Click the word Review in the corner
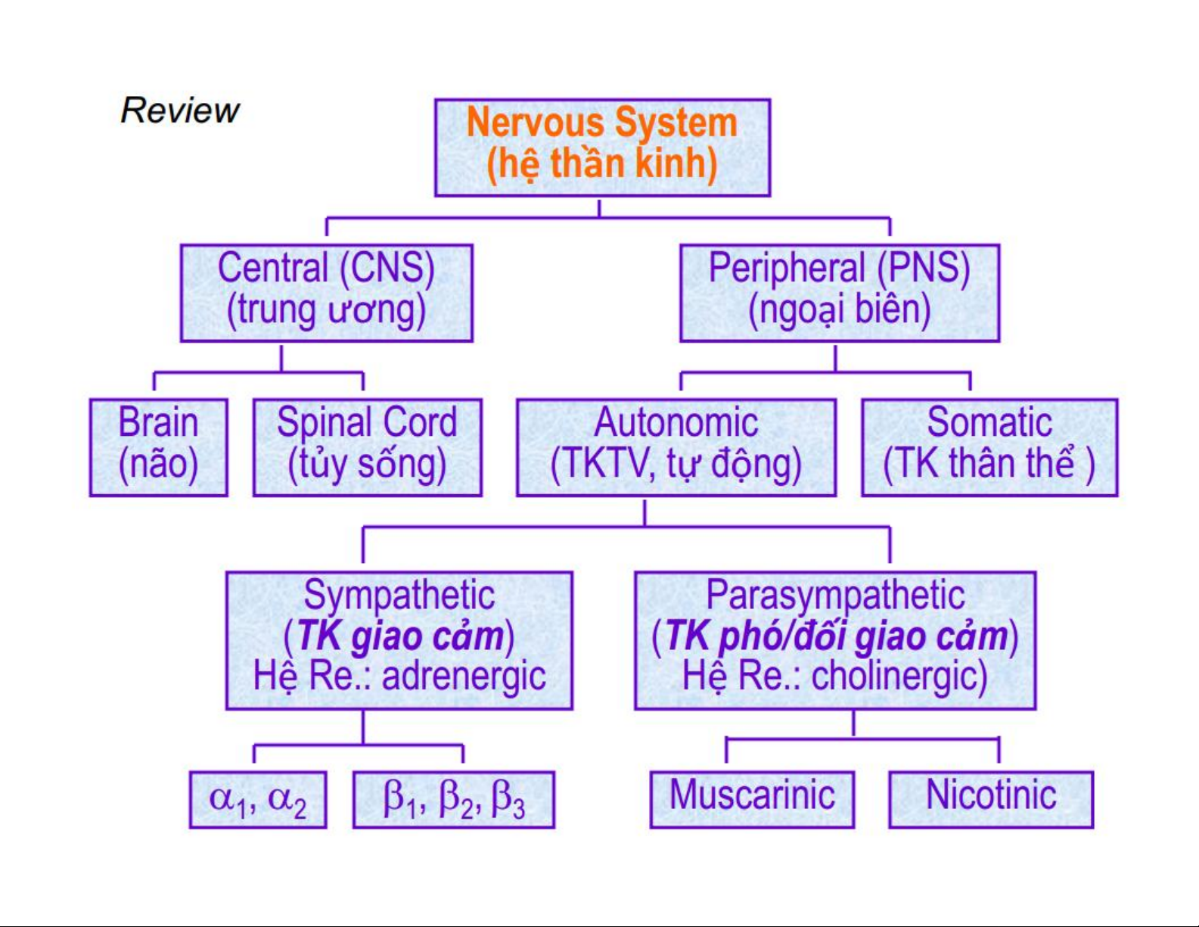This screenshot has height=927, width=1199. pos(180,110)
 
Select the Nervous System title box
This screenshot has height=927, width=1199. pos(603,148)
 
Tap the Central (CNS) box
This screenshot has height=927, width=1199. pos(327,293)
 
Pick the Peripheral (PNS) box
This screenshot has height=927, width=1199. pos(840,293)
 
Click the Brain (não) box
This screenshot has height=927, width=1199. pos(159,447)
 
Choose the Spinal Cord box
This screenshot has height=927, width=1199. pos(368,447)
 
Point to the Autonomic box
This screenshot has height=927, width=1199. pos(676,447)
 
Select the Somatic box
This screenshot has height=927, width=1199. pos(990,447)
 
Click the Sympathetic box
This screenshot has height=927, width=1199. pos(399,641)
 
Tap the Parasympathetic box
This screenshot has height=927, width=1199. pos(835,641)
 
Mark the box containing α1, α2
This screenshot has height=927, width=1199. pos(258,800)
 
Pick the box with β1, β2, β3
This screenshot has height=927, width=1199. pos(454,800)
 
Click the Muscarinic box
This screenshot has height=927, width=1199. pos(753,800)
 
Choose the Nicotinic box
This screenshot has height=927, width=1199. pos(991,800)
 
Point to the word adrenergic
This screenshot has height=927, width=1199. pos(464,677)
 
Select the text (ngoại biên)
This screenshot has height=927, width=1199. pos(840,310)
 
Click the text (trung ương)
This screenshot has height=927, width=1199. pos(327,310)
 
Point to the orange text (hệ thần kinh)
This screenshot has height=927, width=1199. pos(602,163)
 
